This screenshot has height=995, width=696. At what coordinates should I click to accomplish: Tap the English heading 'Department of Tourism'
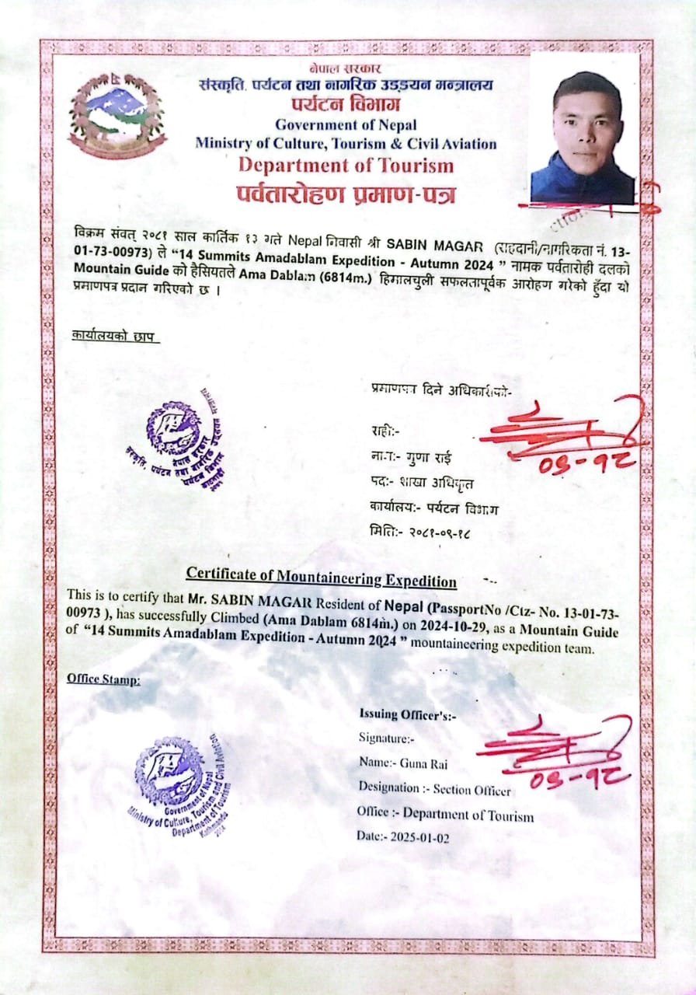pyautogui.click(x=346, y=164)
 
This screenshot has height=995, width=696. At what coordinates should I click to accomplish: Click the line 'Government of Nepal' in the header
pyautogui.click(x=346, y=124)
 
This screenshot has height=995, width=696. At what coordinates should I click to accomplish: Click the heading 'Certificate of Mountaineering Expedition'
pyautogui.click(x=321, y=580)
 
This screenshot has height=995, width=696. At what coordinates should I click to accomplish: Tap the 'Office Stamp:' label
pyautogui.click(x=103, y=679)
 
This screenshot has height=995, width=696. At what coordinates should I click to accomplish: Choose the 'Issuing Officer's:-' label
pyautogui.click(x=407, y=714)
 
